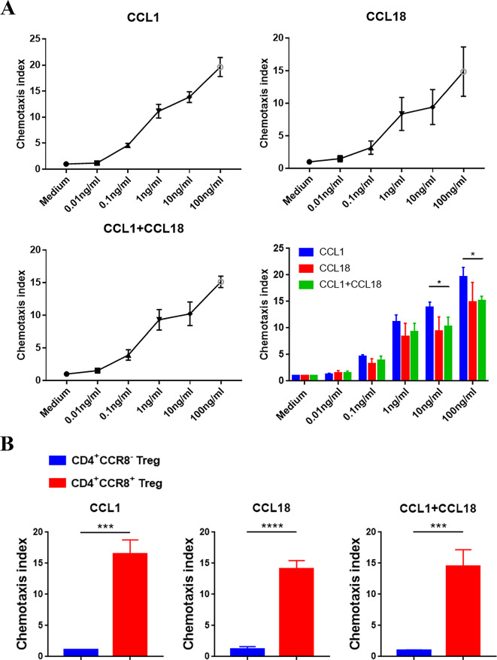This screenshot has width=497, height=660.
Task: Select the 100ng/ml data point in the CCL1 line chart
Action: [220, 67]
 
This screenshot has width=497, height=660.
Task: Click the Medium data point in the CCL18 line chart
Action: [310, 162]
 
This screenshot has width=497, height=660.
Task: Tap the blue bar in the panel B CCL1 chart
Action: [80, 652]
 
